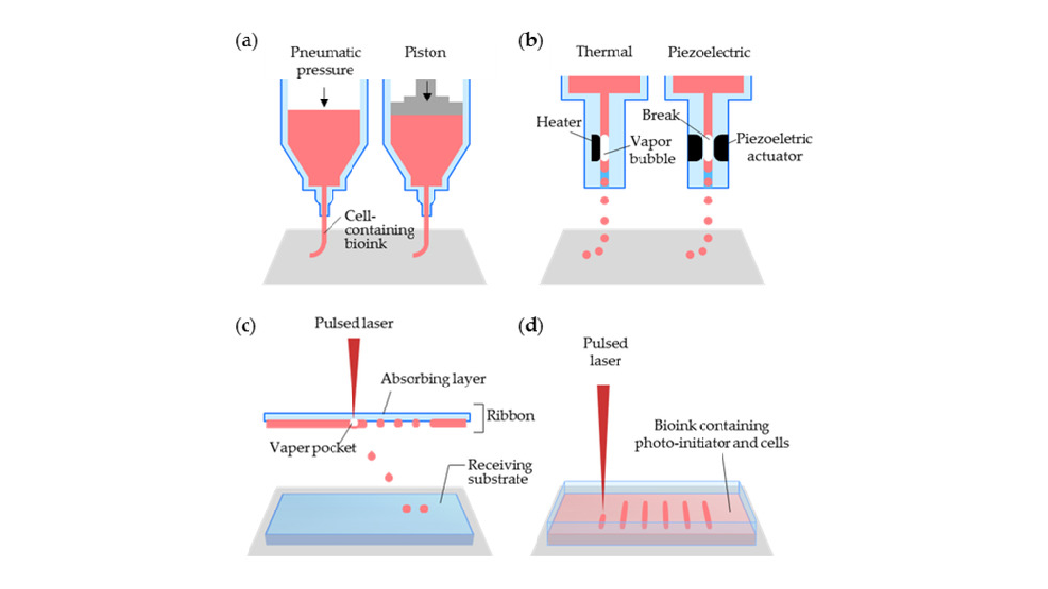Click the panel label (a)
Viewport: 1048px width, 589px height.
click(246, 41)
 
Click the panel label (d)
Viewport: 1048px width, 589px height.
click(530, 326)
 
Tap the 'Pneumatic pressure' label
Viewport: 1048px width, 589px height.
click(325, 61)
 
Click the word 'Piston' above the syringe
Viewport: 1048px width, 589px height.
click(425, 52)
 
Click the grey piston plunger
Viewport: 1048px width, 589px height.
click(427, 104)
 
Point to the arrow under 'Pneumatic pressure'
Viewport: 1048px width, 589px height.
click(324, 97)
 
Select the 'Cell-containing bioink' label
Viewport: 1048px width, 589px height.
click(378, 230)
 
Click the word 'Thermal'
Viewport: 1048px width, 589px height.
click(604, 52)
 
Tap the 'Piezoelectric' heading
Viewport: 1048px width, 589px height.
click(709, 52)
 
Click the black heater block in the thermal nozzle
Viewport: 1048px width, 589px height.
click(595, 147)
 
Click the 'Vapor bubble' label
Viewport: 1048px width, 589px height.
click(652, 150)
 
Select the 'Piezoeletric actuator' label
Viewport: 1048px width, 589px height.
click(774, 147)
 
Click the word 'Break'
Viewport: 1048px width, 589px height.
click(660, 115)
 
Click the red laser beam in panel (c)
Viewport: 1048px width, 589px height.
click(354, 371)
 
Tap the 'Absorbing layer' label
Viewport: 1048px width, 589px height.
click(433, 379)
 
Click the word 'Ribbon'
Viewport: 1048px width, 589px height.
click(510, 416)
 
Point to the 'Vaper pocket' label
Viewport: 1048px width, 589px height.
click(313, 448)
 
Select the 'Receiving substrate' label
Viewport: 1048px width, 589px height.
click(499, 472)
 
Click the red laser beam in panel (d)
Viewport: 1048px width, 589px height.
click(603, 436)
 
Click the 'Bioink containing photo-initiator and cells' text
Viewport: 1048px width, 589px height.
click(711, 434)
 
